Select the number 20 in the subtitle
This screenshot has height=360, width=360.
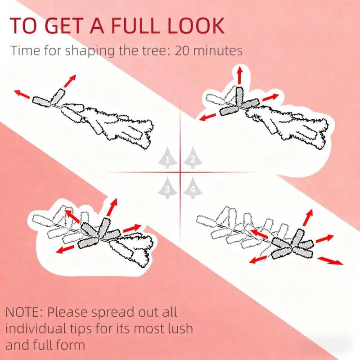(182, 51)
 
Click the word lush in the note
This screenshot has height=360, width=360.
(180, 328)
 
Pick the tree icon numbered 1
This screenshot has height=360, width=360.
(167, 158)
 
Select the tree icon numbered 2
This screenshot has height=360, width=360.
(193, 158)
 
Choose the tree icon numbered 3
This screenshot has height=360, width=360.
(167, 188)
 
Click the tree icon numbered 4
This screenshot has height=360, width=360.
(193, 188)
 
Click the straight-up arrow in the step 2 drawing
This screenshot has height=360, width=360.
(240, 75)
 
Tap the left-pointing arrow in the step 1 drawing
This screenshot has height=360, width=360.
(22, 94)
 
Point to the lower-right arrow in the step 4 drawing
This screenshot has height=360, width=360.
(330, 261)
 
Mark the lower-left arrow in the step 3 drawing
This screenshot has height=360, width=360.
(65, 249)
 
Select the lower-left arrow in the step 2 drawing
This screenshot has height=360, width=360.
(207, 117)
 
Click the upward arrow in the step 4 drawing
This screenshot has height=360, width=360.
(308, 218)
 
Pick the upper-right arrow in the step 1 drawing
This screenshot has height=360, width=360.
(70, 81)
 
